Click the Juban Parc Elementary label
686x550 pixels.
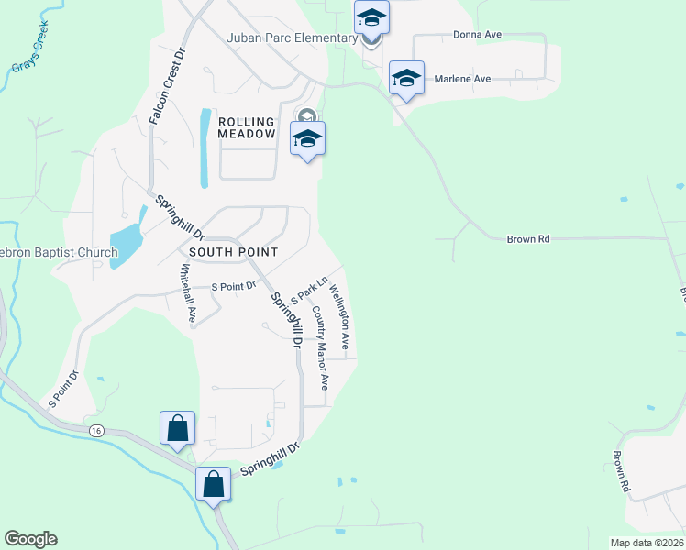pos(292,38)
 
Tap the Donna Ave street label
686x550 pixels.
pos(477,35)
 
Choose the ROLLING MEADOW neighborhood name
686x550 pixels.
pos(247,127)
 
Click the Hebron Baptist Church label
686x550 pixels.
pos(59,253)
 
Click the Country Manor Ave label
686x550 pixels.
pos(319,348)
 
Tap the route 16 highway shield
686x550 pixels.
pos(98,431)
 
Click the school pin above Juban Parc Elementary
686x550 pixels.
pos(372,17)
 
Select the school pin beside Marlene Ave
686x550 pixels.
pos(406,78)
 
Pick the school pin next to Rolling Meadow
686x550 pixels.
pos(308,138)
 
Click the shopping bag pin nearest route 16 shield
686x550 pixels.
pos(177,428)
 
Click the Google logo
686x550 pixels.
pos(30,539)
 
